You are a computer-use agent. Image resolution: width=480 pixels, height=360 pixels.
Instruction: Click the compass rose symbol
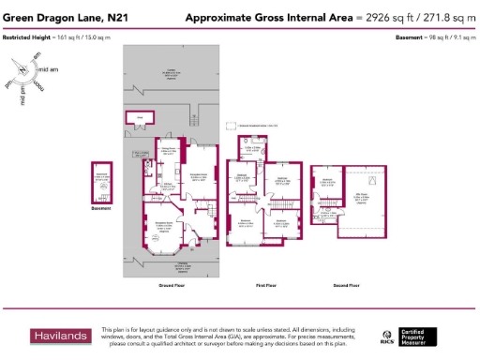[25, 74]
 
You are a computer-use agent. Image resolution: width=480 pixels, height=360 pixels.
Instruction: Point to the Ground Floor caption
[170, 284]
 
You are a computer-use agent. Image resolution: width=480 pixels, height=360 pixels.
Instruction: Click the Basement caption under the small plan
[99, 209]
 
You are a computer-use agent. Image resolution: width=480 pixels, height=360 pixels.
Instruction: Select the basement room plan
[100, 182]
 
